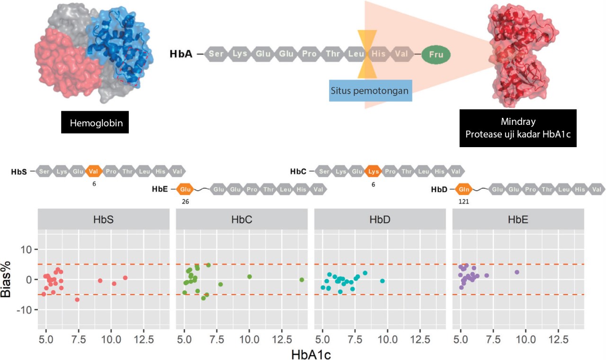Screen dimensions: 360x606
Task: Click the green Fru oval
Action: point(436,54)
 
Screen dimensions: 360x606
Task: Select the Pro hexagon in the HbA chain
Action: point(310,54)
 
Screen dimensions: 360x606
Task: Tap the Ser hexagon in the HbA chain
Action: point(216,54)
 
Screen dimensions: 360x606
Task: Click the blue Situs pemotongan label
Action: point(370,90)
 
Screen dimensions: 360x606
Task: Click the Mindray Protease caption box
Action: point(518,128)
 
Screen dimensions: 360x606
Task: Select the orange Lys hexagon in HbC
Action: point(373,171)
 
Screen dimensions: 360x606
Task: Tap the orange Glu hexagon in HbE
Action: point(184,190)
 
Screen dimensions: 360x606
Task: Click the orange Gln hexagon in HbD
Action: point(463,190)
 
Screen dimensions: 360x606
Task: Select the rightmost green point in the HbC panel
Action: point(302,280)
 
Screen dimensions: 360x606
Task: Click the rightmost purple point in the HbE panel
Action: point(517,272)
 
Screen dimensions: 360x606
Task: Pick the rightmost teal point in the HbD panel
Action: point(383,281)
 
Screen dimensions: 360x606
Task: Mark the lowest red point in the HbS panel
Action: point(77,299)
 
